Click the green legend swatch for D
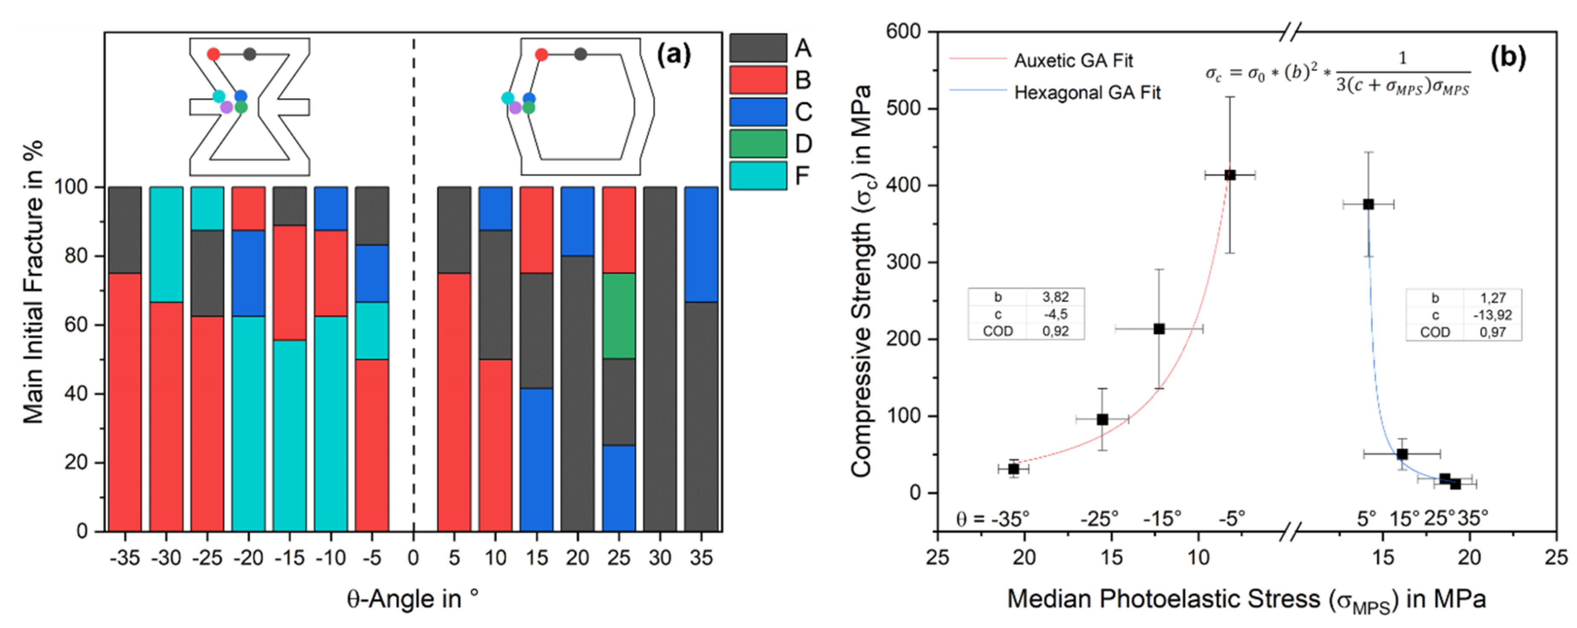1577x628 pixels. [758, 144]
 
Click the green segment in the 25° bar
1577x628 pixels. [619, 316]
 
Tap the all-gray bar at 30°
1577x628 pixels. [660, 358]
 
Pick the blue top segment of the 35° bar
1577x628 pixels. [701, 244]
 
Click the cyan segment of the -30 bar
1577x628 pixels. [166, 244]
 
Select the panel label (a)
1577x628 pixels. [673, 55]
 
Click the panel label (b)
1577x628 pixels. [1508, 56]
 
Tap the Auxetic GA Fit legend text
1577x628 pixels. [1073, 61]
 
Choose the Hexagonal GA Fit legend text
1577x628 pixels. [1087, 93]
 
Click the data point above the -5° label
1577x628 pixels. [1229, 175]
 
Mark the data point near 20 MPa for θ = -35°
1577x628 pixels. [1013, 469]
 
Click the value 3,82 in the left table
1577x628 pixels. [1055, 297]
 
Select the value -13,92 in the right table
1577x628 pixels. [1492, 315]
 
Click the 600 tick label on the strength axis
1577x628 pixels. [903, 32]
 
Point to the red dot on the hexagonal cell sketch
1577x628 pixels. [541, 55]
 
